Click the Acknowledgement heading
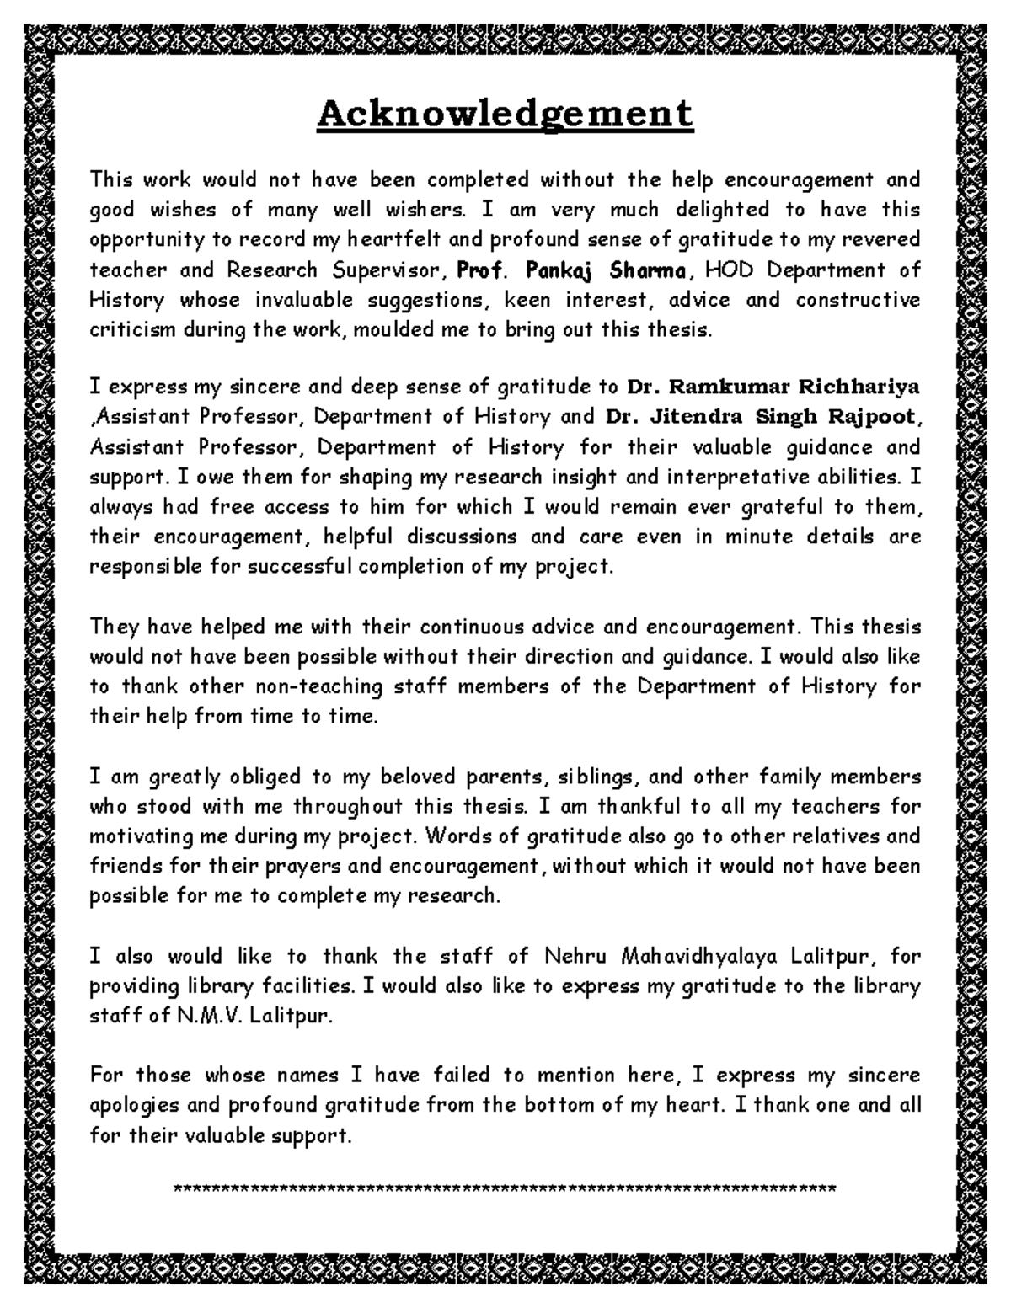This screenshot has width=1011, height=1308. (x=505, y=114)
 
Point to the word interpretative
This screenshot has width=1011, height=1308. (x=727, y=477)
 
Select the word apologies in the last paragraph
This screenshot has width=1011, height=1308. (x=139, y=1106)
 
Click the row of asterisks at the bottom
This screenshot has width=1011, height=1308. (x=504, y=1189)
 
